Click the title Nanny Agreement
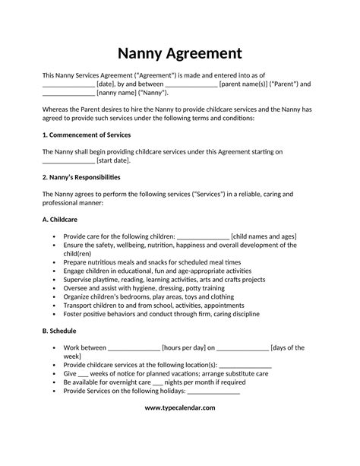(180, 54)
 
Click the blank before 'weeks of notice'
(84, 373)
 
